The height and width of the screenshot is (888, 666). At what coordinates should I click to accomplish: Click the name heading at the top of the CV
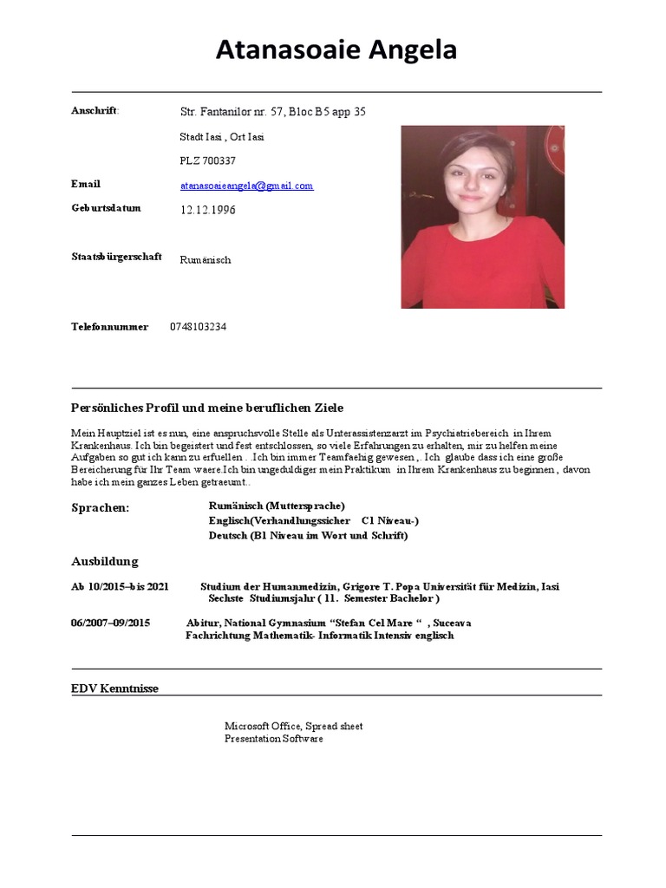click(336, 51)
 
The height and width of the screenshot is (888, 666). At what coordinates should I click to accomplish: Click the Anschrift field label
click(95, 110)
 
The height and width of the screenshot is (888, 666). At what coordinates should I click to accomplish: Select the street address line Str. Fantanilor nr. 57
click(272, 112)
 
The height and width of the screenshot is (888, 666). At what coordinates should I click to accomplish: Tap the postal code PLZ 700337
click(207, 160)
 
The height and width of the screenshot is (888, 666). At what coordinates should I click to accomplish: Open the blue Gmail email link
click(246, 186)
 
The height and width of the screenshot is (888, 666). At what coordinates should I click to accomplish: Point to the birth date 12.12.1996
click(207, 210)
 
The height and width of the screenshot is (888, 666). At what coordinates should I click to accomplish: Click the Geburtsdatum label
click(105, 208)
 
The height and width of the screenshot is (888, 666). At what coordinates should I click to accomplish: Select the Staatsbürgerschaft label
click(115, 257)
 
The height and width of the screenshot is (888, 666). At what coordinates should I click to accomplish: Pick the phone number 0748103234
click(199, 327)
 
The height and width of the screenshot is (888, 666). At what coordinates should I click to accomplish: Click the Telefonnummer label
click(109, 327)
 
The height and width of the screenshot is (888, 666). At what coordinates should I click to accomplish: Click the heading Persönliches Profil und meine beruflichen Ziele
click(207, 408)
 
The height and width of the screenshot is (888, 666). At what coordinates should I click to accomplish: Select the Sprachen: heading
click(100, 507)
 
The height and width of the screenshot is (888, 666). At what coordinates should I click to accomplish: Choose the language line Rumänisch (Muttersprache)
click(277, 506)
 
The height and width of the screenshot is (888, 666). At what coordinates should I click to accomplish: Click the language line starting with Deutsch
click(308, 536)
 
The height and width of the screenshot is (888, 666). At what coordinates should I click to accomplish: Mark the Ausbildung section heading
click(104, 561)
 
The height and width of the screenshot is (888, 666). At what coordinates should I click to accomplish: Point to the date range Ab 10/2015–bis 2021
click(120, 587)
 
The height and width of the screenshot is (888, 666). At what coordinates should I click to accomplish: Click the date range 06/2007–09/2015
click(110, 623)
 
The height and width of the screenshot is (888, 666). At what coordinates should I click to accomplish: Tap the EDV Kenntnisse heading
click(114, 689)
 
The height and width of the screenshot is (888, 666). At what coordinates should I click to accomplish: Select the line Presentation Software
click(273, 739)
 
